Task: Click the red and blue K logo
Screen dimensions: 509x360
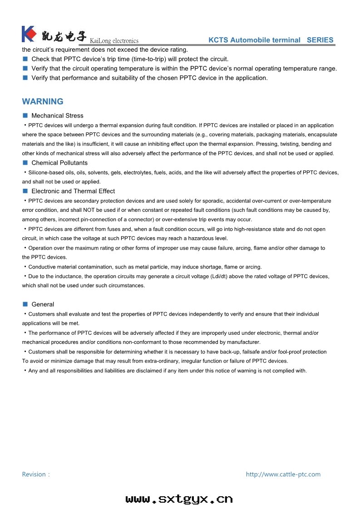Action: [x=29, y=34]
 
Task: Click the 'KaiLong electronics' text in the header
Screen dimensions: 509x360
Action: [x=114, y=41]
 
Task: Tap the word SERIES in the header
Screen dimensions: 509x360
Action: [x=320, y=40]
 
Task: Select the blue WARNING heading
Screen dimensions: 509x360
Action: [x=43, y=102]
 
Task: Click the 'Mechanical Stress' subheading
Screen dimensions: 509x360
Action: [x=57, y=116]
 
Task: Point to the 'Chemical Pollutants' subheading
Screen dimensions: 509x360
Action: [x=59, y=163]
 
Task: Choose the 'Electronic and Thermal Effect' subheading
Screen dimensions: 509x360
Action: [x=73, y=191]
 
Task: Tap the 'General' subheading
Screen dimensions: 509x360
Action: [x=43, y=304]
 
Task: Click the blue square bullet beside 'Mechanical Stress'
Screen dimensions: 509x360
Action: [x=25, y=115]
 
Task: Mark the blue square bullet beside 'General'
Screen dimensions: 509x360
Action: [x=25, y=304]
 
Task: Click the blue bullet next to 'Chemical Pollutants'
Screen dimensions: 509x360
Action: [x=25, y=162]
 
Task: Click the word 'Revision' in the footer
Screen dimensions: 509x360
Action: [x=34, y=475]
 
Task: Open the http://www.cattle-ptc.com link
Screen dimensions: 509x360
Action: [x=283, y=475]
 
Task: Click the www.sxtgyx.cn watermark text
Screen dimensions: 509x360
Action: [x=179, y=499]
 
